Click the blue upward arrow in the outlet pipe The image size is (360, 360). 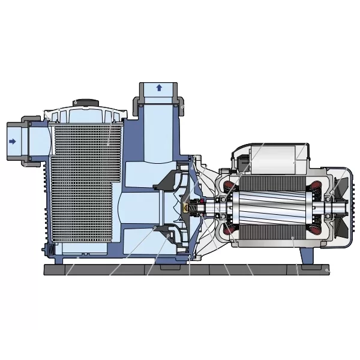click(x=159, y=88)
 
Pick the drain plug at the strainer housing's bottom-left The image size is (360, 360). click(x=51, y=248)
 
